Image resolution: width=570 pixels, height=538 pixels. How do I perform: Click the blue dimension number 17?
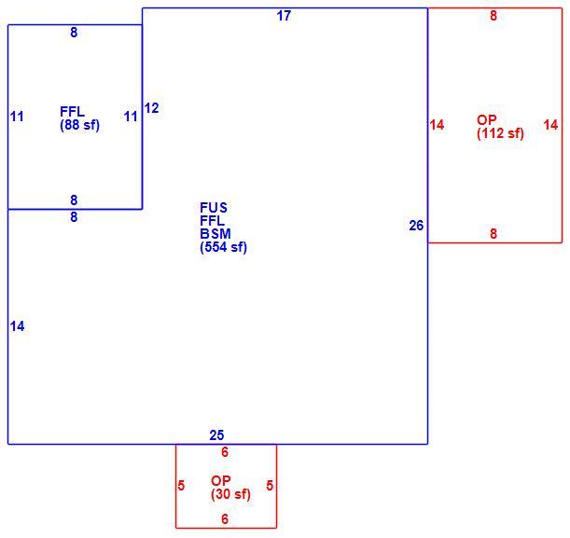point(284,16)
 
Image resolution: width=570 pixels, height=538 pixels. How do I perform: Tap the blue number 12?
point(151,108)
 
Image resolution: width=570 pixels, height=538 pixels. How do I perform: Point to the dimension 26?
point(416,226)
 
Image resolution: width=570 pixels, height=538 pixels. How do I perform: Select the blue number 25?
point(216,435)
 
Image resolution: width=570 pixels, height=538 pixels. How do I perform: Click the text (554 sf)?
point(223,247)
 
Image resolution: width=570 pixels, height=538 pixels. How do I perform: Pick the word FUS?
point(214,208)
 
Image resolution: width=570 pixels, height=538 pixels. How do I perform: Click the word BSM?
point(215,234)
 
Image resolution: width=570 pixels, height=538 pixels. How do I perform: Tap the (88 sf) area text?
point(79,125)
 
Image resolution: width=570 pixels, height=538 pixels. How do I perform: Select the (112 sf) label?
point(500,133)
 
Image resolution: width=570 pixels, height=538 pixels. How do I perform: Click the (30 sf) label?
point(230,494)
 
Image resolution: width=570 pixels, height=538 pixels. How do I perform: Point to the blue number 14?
point(18,326)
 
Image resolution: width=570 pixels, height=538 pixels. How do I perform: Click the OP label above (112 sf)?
point(486,120)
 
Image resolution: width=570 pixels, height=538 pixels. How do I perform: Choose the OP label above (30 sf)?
point(221,480)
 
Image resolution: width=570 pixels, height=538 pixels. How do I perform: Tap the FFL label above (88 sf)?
point(72,112)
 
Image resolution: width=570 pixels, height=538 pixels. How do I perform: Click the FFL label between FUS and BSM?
point(212,220)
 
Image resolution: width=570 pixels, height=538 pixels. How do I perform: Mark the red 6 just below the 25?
point(225,452)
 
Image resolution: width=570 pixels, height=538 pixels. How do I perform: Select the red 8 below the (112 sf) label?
point(494,234)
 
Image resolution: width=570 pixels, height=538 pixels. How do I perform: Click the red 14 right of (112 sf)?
point(550,125)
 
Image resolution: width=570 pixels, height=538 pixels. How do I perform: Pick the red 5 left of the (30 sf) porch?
point(181,486)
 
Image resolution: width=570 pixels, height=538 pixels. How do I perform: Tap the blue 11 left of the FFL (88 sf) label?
point(17,117)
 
